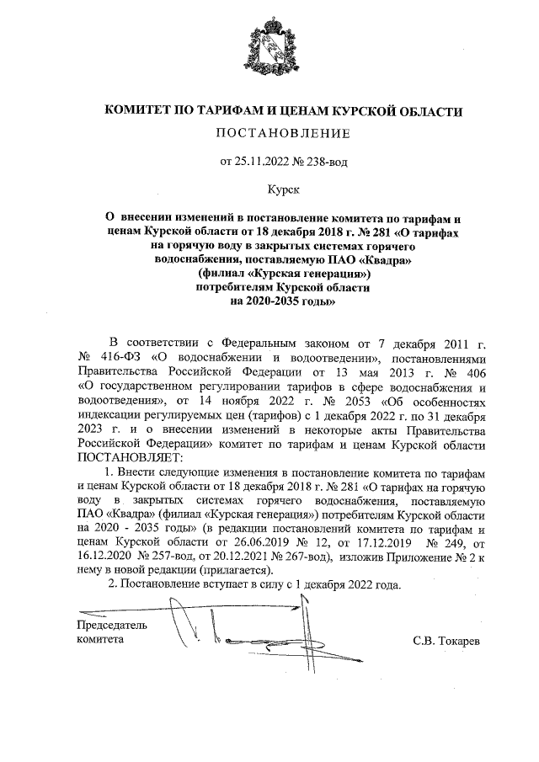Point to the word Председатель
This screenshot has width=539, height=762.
111,626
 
